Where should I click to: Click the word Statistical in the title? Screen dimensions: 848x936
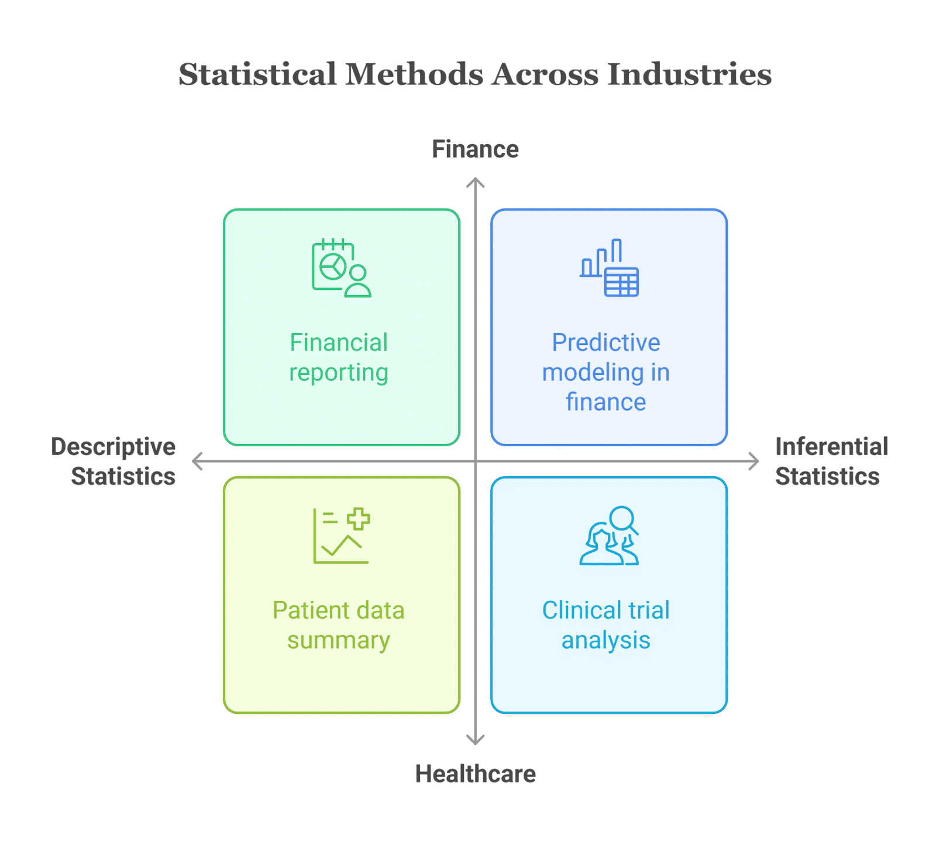click(257, 74)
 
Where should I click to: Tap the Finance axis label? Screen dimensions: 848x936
click(475, 149)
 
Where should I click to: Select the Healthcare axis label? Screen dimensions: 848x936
click(475, 774)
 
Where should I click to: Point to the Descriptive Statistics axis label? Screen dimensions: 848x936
click(115, 461)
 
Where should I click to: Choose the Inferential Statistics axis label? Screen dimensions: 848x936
click(831, 461)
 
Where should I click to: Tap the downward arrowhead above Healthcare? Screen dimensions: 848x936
click(476, 741)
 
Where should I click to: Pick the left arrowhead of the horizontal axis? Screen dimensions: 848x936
click(196, 461)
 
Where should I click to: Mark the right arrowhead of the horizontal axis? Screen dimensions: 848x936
click(755, 461)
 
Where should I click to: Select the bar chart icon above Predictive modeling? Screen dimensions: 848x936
click(609, 268)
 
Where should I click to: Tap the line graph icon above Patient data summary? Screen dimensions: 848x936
click(341, 536)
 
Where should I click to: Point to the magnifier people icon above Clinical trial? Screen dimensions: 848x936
click(609, 536)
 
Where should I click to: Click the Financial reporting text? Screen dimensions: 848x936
click(339, 357)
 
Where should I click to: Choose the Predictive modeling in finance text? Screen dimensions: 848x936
click(606, 372)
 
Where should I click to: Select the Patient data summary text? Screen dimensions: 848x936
click(339, 625)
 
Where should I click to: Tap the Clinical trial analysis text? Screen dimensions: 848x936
click(606, 625)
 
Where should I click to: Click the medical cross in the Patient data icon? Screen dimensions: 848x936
click(358, 519)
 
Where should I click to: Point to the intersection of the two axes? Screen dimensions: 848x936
click(476, 461)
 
